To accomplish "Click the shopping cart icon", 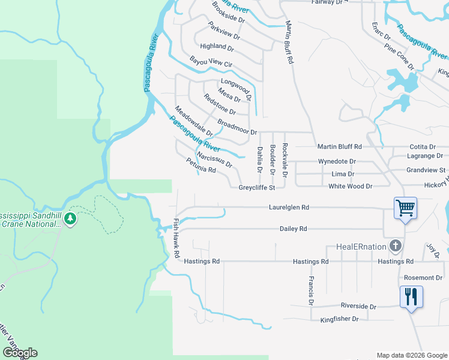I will (x=405, y=208).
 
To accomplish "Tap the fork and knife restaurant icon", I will (x=411, y=297).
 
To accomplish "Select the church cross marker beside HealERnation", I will (x=395, y=245).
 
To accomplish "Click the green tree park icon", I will (x=71, y=218).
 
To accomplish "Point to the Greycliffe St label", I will (x=256, y=187).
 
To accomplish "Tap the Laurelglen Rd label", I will (x=289, y=207).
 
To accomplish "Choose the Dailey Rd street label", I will (x=293, y=229).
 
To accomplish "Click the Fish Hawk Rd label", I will (x=176, y=238).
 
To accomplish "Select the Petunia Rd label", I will (x=200, y=165).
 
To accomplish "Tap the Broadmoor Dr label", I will (x=237, y=127).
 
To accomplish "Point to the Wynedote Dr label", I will (x=337, y=161).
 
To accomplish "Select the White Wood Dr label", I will (x=350, y=187).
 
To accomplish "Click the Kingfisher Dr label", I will (x=339, y=319).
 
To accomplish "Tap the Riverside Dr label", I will (x=358, y=306).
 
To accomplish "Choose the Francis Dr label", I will (x=310, y=289).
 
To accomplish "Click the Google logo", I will (x=20, y=353).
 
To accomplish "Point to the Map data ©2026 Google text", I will (x=411, y=355).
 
